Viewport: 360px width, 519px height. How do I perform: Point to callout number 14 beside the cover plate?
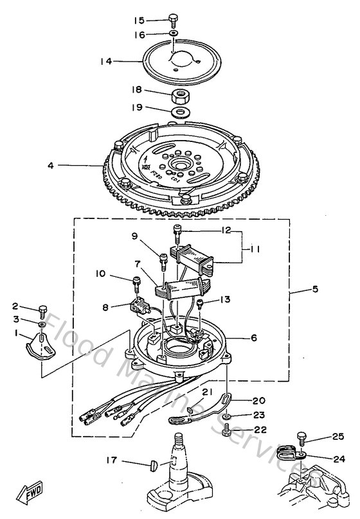point(106,61)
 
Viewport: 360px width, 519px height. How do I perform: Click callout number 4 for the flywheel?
point(50,165)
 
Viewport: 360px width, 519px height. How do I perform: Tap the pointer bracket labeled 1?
point(40,345)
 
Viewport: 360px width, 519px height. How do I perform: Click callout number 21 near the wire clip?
point(207,392)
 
